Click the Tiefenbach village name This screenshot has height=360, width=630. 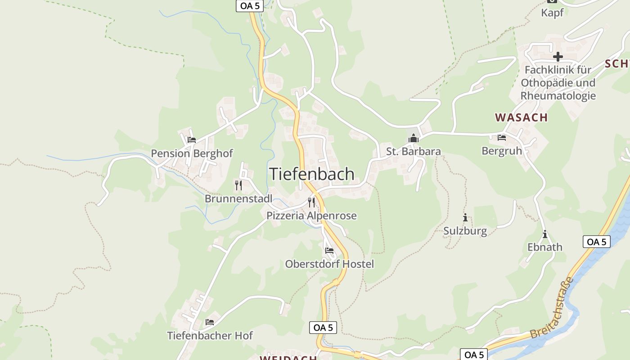click(x=312, y=174)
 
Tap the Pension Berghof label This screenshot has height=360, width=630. click(x=192, y=153)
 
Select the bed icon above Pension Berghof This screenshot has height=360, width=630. click(x=192, y=140)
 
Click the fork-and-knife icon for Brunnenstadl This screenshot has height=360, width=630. click(x=238, y=185)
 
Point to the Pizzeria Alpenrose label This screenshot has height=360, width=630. click(x=311, y=216)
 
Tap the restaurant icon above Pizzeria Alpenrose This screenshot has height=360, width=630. click(x=311, y=202)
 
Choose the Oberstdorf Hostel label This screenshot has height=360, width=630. click(x=329, y=264)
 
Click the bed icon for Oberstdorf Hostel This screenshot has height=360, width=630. click(x=329, y=251)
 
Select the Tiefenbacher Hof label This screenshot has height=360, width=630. click(x=210, y=336)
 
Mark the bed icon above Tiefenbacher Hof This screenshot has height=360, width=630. click(x=210, y=322)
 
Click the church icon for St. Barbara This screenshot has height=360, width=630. click(x=414, y=138)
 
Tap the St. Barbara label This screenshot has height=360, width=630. click(x=414, y=152)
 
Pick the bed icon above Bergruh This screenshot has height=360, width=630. click(x=502, y=138)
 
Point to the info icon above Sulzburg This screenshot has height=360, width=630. click(x=465, y=218)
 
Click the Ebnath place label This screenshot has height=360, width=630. click(x=545, y=247)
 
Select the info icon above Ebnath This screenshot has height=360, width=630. click(x=545, y=234)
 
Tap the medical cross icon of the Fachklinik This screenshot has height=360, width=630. click(x=558, y=57)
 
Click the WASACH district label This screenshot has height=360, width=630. click(x=522, y=117)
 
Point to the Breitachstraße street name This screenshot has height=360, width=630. click(x=552, y=308)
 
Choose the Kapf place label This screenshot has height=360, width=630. click(x=552, y=13)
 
